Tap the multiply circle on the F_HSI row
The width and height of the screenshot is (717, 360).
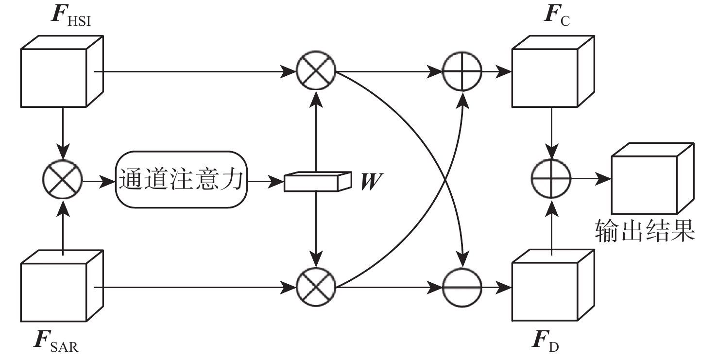[317, 71]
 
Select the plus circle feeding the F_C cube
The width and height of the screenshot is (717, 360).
[462, 71]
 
